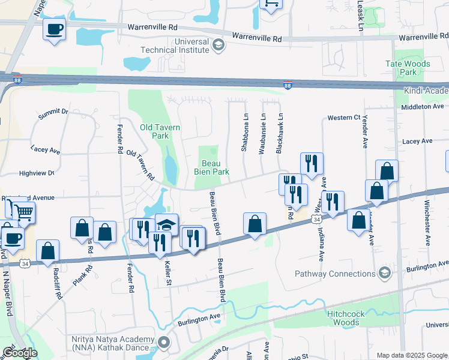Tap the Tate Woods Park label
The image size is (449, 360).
click(x=408, y=68)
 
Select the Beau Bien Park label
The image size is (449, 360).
click(x=211, y=167)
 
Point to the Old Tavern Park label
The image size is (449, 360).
click(x=154, y=131)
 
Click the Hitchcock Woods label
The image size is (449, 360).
click(x=343, y=318)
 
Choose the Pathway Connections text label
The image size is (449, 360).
click(x=335, y=274)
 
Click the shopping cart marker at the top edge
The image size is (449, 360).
click(x=271, y=4)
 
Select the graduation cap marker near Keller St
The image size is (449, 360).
click(x=166, y=225)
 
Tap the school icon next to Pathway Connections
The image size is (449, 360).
click(x=384, y=274)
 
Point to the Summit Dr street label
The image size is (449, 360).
click(x=53, y=112)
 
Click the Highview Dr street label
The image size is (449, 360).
click(x=37, y=173)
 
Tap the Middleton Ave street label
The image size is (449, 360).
click(x=422, y=106)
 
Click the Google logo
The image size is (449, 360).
click(x=19, y=353)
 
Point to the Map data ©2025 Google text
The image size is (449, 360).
click(x=411, y=355)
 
